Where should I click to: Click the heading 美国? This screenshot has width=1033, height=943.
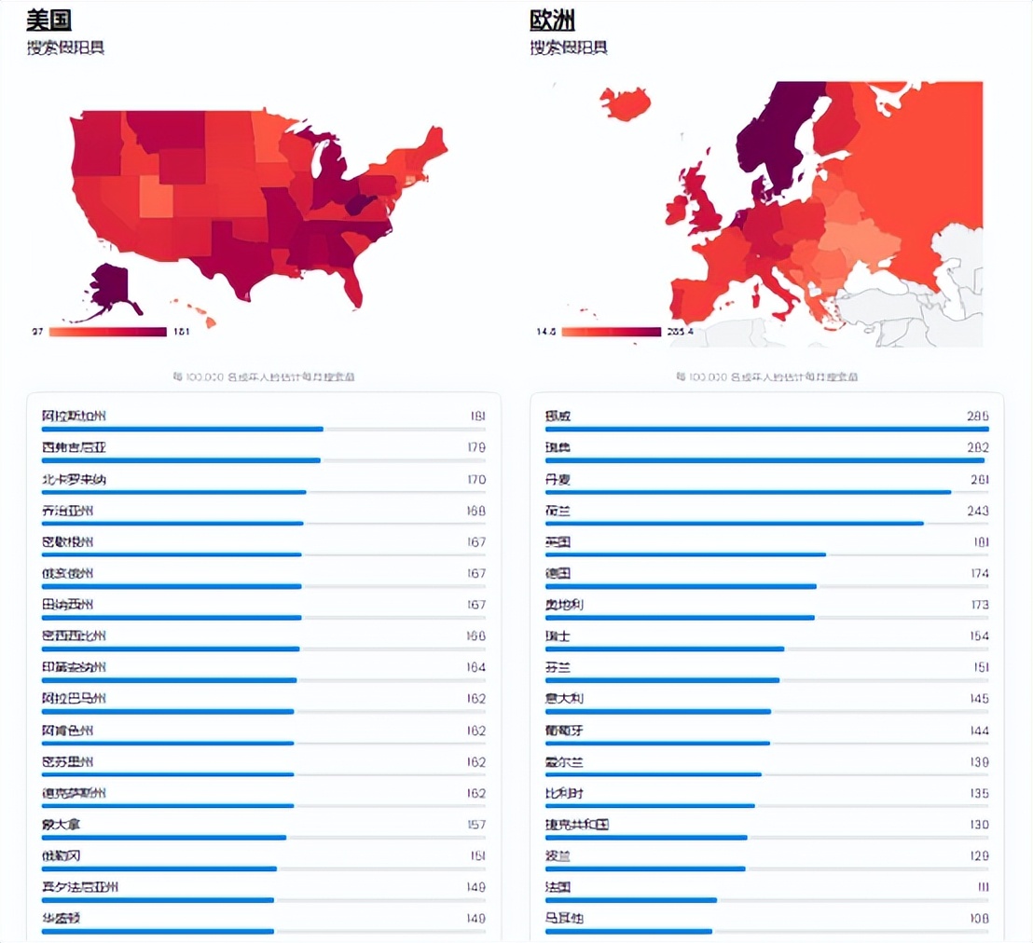[48, 20]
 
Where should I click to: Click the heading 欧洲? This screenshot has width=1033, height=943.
[552, 20]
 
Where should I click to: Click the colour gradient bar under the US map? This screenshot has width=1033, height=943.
[107, 332]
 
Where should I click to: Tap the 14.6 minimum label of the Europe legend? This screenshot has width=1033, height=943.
[546, 332]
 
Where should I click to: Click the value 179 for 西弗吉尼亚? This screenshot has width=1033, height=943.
[475, 447]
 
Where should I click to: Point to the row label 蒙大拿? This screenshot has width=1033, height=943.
[62, 825]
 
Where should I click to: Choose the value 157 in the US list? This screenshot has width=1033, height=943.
[475, 825]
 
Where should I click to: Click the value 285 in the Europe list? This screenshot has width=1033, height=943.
[978, 416]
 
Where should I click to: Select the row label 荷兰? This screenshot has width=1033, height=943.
[558, 511]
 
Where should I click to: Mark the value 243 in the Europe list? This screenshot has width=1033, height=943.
[978, 511]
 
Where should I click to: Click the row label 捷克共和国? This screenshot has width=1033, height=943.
[577, 825]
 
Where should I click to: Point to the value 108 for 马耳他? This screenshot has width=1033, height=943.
[978, 919]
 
